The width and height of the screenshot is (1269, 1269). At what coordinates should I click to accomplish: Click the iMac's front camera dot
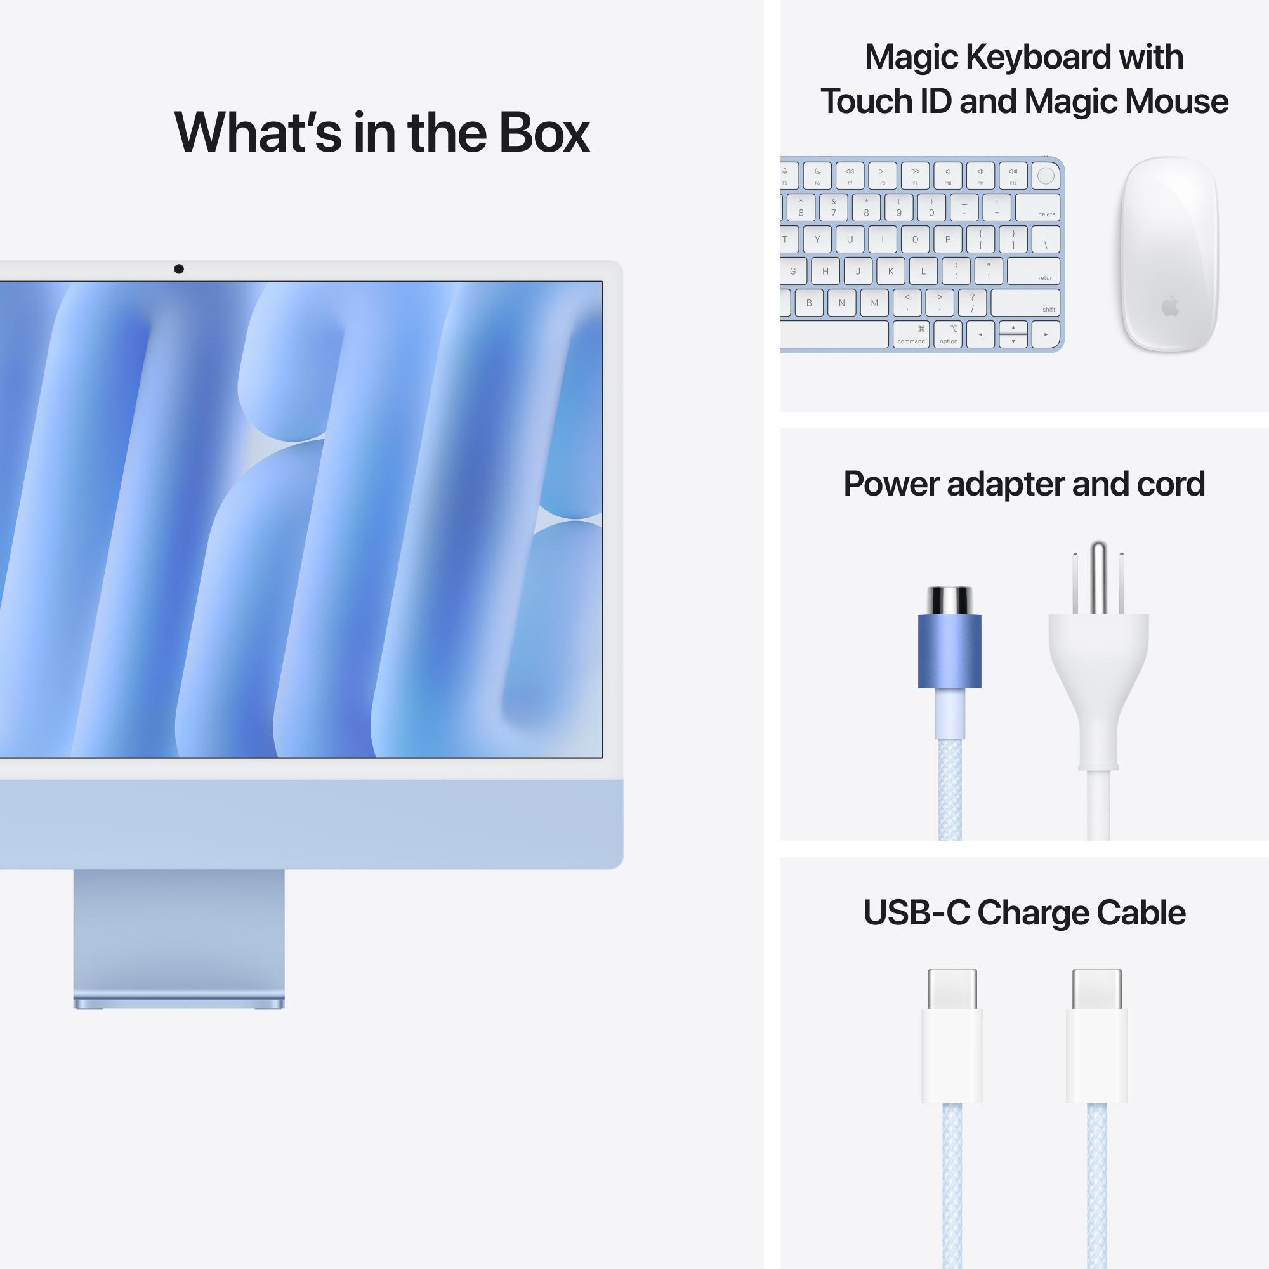179,268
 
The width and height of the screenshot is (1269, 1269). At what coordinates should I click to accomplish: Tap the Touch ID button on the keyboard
1046,176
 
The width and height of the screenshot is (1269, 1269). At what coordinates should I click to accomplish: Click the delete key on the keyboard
1037,207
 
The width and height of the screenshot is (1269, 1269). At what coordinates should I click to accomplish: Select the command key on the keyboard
911,334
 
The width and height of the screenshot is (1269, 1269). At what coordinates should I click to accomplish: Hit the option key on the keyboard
949,334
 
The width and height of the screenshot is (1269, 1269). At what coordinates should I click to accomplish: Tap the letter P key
947,240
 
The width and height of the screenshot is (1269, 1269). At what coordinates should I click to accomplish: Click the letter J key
858,271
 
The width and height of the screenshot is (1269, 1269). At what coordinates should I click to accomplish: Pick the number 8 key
866,207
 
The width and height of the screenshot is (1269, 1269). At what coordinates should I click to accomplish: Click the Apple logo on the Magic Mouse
1170,306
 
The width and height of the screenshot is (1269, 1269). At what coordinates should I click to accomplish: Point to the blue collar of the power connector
949,651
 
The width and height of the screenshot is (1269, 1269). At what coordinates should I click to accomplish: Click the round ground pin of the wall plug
1098,575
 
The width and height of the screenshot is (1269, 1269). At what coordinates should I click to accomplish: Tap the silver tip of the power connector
949,600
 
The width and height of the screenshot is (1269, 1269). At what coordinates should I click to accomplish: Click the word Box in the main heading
544,133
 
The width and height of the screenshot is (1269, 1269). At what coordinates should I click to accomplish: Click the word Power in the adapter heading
891,484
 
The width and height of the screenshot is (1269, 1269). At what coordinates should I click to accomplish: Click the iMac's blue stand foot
179,1003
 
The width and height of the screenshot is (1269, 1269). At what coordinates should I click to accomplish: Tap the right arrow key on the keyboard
1046,334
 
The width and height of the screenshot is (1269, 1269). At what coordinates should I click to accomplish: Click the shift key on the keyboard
1025,303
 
